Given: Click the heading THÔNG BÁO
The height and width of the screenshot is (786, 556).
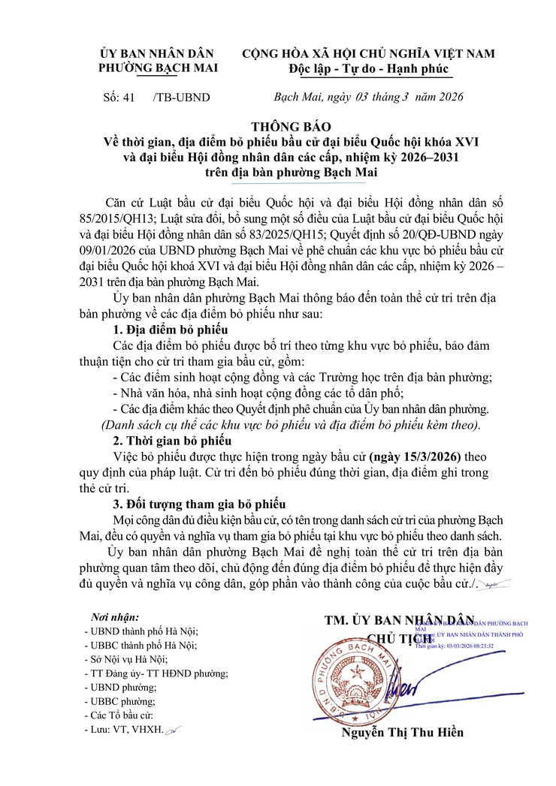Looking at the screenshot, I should (x=289, y=126).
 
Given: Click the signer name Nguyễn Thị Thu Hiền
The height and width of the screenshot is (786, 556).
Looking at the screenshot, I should (x=403, y=733).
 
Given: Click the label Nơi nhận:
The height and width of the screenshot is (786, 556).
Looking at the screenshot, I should (x=114, y=616).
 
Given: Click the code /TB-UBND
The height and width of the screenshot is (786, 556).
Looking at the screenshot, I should (x=181, y=98).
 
